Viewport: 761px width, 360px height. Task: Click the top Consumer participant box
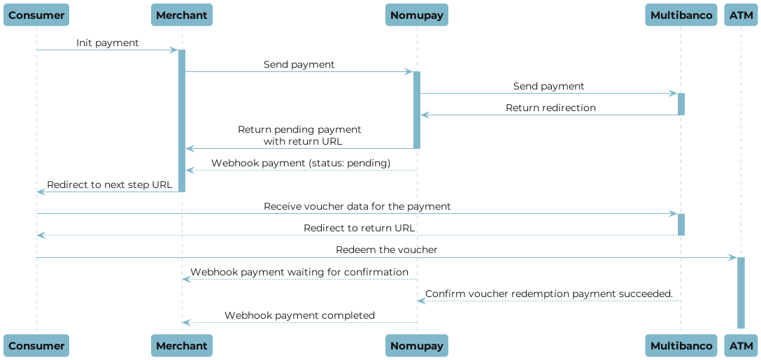36,15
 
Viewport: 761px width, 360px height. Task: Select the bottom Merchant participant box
182,345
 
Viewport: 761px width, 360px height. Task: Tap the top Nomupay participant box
417,15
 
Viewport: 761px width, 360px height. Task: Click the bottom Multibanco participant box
681,345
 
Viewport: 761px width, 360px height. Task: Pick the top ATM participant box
741,15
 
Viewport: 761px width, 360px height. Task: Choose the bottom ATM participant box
741,345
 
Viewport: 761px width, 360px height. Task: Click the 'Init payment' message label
107,43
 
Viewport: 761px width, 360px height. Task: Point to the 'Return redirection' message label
550,108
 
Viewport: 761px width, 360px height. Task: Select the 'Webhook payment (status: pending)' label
301,163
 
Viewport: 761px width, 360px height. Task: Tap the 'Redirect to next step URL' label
109,185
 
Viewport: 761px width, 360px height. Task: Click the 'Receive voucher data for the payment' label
357,207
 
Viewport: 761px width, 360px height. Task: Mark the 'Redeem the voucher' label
386,250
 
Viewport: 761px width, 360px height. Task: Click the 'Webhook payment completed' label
299,315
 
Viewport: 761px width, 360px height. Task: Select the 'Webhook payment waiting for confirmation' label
299,272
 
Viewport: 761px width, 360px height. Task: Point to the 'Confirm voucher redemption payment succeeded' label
548,294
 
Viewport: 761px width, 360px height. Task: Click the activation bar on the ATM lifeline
741,294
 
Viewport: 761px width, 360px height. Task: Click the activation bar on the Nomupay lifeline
417,110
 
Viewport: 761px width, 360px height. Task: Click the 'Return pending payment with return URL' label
299,135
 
